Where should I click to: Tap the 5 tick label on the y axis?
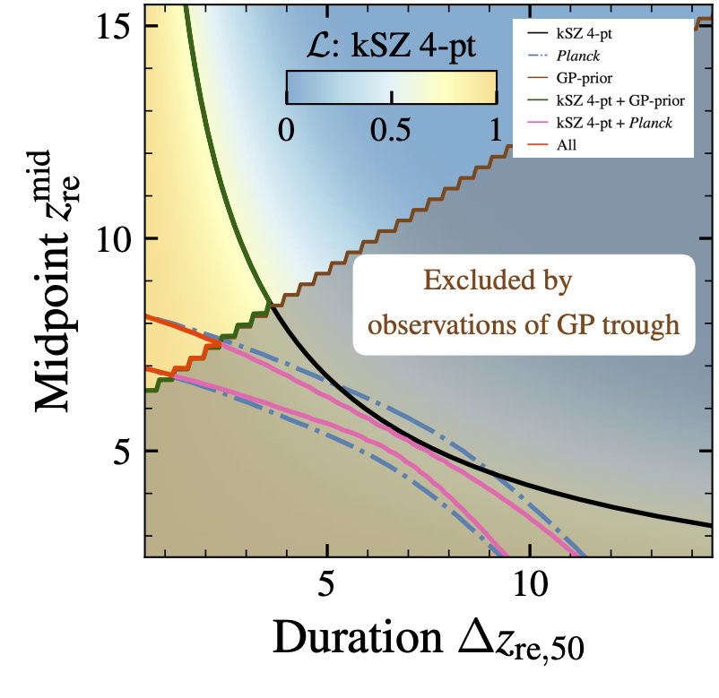pos(120,451)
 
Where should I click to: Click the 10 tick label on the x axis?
pos(529,583)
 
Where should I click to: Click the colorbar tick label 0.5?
pos(392,131)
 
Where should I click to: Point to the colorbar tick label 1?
pos(496,131)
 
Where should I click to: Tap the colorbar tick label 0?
pos(287,131)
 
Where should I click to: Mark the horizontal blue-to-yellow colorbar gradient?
pos(391,88)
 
